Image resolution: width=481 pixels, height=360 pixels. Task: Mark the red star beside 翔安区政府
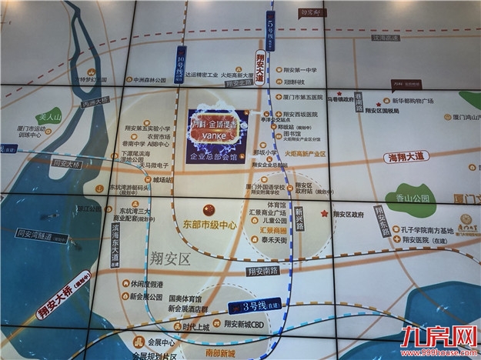point(325,213)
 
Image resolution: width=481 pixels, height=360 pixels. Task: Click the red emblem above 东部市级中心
point(206,210)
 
